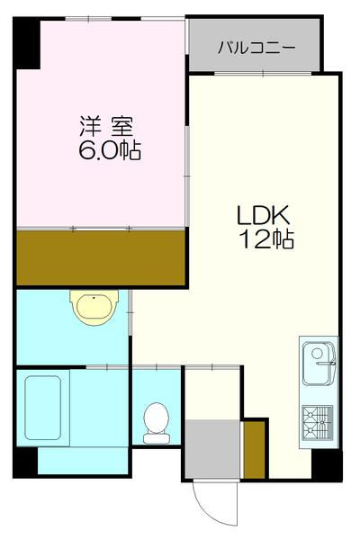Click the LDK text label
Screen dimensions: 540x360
(262, 217)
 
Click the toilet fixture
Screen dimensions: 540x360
(156, 419)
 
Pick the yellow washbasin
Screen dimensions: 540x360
(94, 308)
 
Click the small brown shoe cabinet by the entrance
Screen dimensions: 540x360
(256, 448)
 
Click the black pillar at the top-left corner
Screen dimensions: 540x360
(25, 40)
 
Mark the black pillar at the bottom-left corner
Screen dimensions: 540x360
(25, 463)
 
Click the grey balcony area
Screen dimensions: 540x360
(256, 45)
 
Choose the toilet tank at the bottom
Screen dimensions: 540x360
(156, 437)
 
